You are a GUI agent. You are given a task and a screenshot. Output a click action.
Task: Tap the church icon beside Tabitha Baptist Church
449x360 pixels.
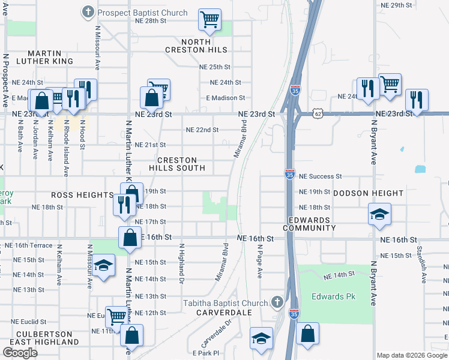click(277, 301)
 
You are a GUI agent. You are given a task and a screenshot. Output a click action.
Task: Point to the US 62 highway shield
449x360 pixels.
click(318, 113)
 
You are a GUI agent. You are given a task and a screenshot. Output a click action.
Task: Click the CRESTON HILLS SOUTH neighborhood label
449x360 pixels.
click(177, 164)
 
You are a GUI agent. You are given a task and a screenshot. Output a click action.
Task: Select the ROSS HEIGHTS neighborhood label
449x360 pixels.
click(82, 195)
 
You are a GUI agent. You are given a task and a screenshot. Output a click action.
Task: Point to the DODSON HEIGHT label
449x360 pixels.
click(368, 193)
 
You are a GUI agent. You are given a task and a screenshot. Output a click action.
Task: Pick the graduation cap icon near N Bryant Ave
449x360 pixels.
click(379, 215)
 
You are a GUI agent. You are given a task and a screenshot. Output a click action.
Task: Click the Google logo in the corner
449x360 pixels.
click(20, 353)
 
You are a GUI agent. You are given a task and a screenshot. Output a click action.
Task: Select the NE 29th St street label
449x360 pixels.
click(397, 5)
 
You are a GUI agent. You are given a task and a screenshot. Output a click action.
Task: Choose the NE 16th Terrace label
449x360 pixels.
click(28, 246)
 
